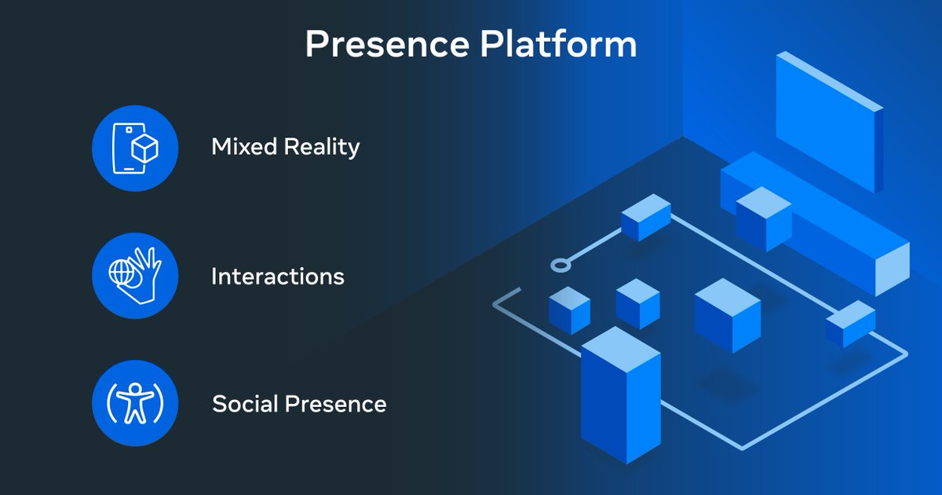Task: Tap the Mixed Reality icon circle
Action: [x=135, y=148]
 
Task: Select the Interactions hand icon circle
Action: [x=135, y=276]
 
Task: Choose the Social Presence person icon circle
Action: [x=135, y=403]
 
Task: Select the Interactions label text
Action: [x=277, y=277]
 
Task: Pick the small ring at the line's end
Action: [x=560, y=265]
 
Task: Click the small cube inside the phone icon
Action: [x=144, y=148]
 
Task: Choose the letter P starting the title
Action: [x=317, y=45]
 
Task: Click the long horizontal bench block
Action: [x=816, y=220]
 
